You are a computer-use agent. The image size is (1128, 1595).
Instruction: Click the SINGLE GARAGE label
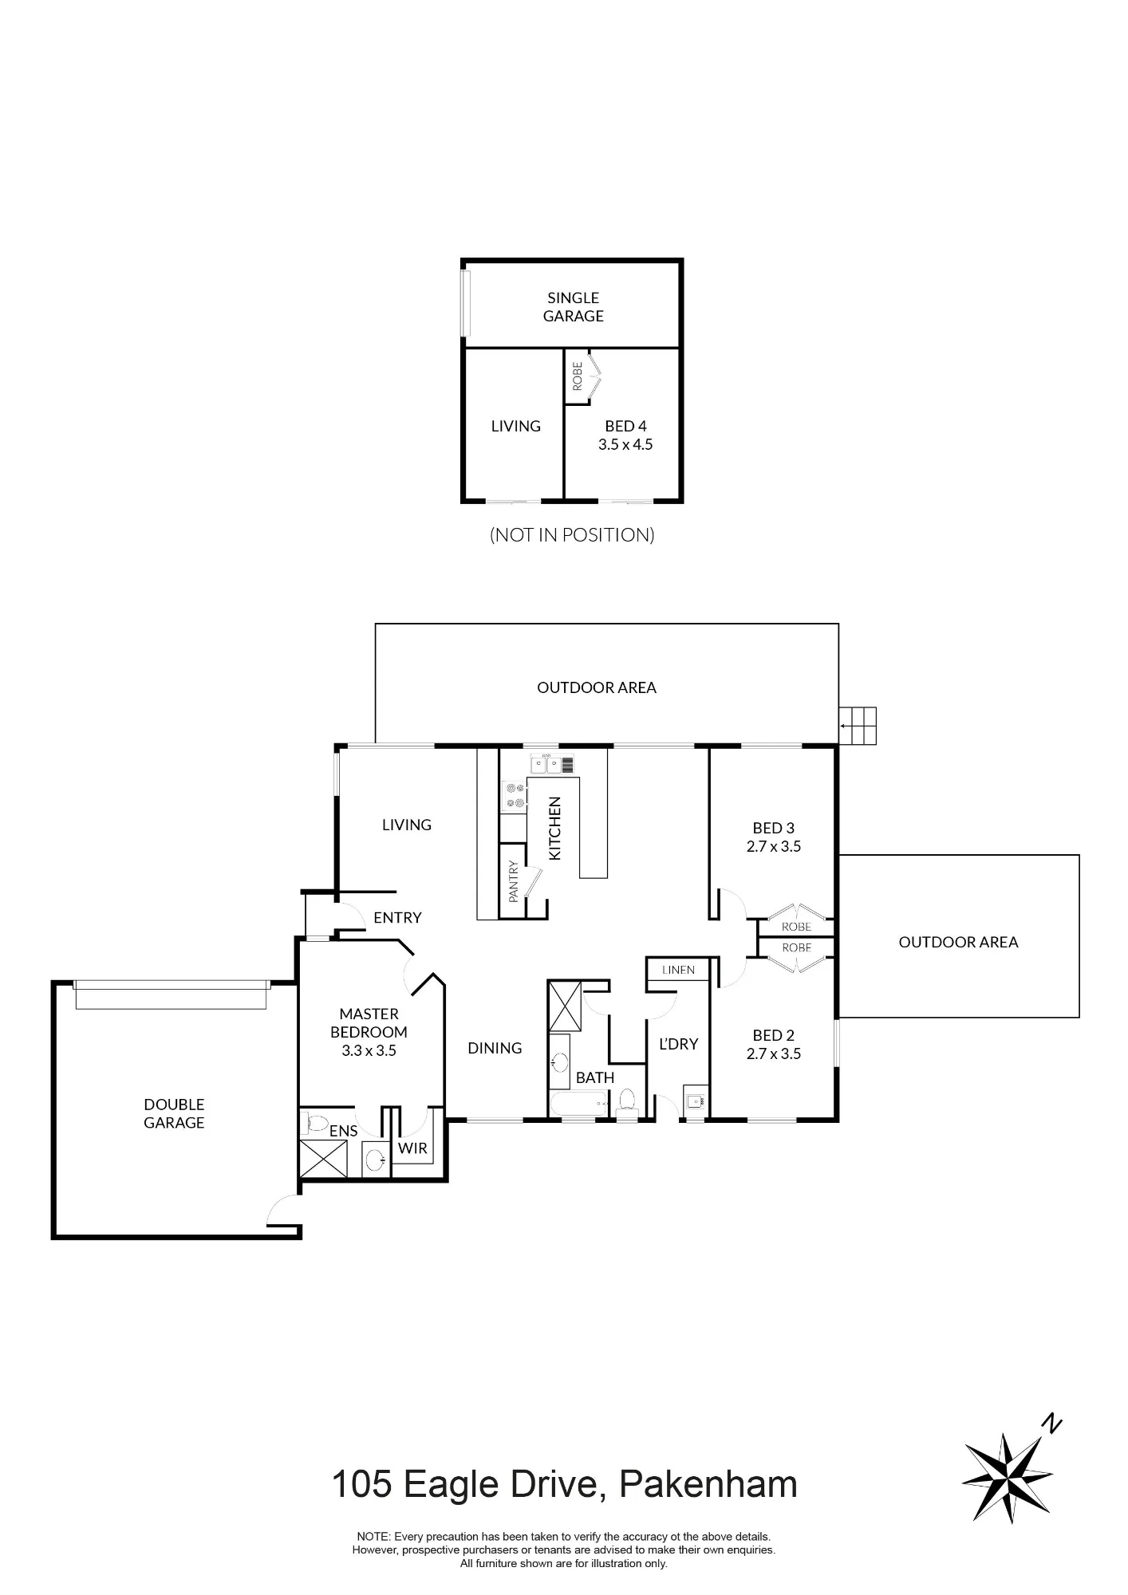click(573, 307)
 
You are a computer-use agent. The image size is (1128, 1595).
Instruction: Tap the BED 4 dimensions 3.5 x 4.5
click(625, 445)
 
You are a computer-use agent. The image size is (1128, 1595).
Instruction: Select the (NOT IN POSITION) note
click(572, 534)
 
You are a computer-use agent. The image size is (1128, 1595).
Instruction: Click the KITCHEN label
click(555, 828)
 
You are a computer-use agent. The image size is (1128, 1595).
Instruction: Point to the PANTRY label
click(514, 880)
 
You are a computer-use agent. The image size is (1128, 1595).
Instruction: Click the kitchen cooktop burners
click(514, 797)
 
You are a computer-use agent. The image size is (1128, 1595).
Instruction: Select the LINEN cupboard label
click(678, 970)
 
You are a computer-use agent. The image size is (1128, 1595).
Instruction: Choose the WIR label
click(412, 1148)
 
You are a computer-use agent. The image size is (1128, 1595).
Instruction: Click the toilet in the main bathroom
click(627, 1101)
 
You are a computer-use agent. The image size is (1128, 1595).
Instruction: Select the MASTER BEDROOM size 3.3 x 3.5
click(369, 1050)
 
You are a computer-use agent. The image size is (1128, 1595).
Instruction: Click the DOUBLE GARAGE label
click(174, 1113)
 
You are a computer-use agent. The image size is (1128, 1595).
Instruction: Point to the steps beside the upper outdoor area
click(858, 726)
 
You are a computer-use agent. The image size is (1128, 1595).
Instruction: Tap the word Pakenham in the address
click(708, 1485)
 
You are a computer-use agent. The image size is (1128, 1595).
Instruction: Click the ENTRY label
click(397, 917)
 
